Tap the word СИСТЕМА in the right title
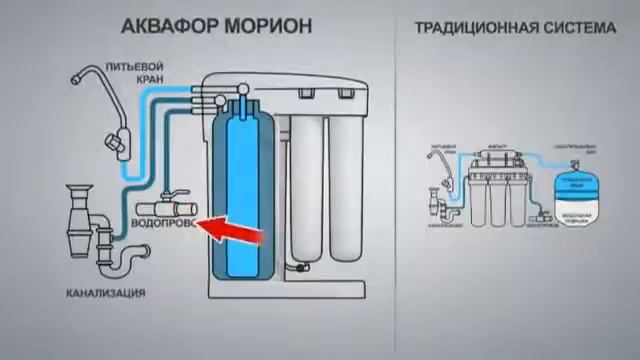point(580,28)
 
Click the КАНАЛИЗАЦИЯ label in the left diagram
point(106,293)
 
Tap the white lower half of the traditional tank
point(573,214)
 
